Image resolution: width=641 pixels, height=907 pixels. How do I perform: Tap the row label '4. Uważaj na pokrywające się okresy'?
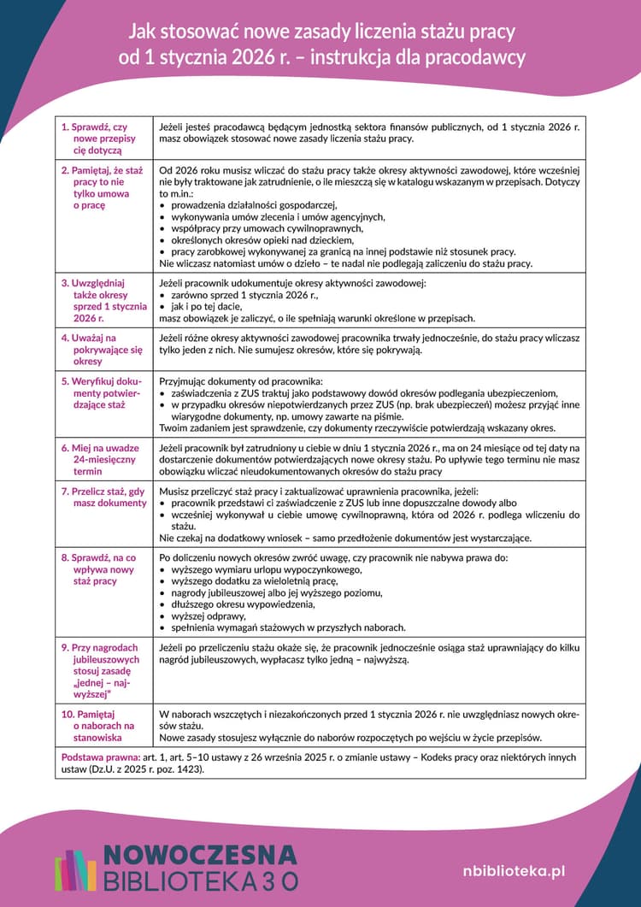[x=101, y=349]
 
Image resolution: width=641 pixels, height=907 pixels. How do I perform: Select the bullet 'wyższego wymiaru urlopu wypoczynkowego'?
[x=268, y=569]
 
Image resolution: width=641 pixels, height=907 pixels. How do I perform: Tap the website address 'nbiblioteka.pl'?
[x=514, y=870]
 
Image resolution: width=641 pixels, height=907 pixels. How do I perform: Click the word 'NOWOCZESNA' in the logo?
[x=200, y=856]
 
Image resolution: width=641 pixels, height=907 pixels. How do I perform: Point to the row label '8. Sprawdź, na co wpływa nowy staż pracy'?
[x=101, y=569]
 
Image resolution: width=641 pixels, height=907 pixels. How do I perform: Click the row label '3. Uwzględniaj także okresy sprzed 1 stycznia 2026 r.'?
[x=101, y=300]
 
